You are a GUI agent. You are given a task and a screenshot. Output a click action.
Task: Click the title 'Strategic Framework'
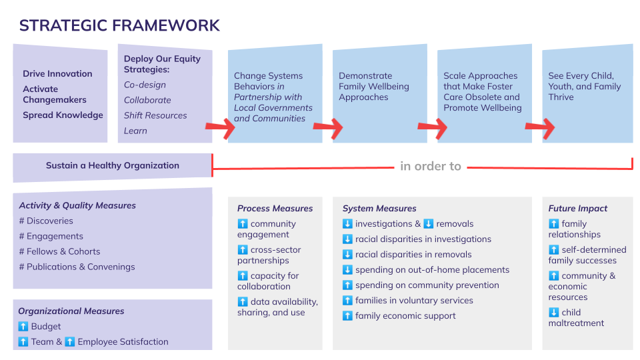pos(119,26)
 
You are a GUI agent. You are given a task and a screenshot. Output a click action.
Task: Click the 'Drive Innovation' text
pos(57,74)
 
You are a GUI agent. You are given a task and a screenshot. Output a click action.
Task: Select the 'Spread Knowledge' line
pos(63,115)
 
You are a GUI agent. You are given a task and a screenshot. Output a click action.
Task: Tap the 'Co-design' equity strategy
pos(145,85)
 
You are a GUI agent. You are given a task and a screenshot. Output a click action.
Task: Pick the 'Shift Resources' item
pos(155,115)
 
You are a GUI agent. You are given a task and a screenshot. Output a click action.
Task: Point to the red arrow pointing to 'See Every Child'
pos(540,127)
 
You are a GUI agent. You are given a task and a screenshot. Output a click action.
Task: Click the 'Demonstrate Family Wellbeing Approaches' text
pos(373,87)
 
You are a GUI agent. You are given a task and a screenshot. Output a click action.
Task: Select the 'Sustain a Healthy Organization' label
pos(112,165)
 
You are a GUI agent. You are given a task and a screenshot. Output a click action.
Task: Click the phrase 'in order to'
pos(431,166)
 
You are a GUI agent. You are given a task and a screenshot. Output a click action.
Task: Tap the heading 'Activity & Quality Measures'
pos(77,205)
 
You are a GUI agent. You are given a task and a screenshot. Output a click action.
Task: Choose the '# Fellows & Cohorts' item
pos(59,251)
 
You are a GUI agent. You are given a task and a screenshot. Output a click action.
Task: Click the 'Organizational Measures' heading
pos(71,311)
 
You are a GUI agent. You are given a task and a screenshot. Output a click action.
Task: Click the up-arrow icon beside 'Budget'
pos(23,327)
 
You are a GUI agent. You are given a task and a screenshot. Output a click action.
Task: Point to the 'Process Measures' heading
pos(275,208)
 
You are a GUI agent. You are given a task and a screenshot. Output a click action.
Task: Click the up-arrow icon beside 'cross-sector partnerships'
pos(243,250)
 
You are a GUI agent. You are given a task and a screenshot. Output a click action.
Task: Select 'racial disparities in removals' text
pos(413,255)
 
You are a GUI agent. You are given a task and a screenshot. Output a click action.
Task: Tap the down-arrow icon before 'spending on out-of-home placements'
pos(347,270)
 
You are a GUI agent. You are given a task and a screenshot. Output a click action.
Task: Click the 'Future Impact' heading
pos(577,208)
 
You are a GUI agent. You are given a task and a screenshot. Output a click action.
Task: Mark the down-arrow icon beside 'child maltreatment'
pos(553,313)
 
